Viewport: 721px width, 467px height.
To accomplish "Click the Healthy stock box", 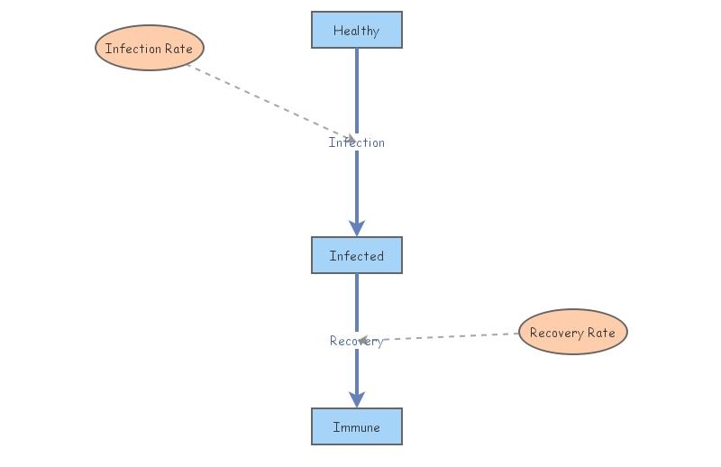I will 356,30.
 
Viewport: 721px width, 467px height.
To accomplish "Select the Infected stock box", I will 356,255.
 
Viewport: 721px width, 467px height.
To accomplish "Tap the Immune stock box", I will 356,426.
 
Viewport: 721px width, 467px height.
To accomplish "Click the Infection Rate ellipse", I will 150,48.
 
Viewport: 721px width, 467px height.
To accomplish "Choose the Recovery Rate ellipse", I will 572,332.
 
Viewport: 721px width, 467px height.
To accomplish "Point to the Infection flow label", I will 356,142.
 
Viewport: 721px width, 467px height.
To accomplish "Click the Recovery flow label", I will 356,341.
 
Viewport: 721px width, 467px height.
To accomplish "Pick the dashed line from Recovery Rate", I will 451,337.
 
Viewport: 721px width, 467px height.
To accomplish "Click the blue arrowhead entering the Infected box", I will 356,228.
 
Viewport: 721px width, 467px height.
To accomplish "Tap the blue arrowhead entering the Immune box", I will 356,399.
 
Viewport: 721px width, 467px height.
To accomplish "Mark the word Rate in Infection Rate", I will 178,49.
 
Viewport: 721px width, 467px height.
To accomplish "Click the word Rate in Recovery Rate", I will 601,333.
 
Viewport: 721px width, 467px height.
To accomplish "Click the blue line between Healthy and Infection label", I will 356,90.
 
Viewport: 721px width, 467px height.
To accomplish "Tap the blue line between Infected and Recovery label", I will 356,302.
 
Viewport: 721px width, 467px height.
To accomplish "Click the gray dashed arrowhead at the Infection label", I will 349,139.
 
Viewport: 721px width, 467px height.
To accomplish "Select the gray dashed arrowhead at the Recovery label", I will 363,341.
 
